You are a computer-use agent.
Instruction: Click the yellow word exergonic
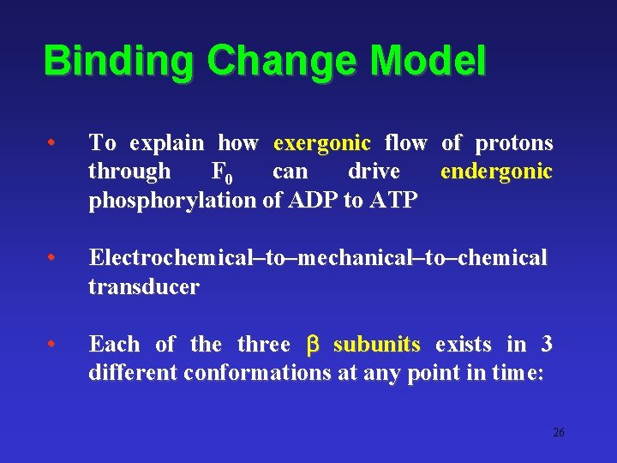(321, 142)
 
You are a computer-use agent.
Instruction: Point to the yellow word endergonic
(496, 171)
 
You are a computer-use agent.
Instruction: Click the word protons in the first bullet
(513, 142)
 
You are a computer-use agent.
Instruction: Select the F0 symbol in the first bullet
(221, 172)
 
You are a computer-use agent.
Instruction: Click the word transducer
(143, 287)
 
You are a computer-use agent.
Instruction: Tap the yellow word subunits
(376, 345)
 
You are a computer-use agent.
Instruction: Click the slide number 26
(558, 433)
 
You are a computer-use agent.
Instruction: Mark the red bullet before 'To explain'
(53, 142)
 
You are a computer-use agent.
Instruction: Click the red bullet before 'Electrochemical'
(53, 258)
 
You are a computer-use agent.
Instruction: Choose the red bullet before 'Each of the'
(53, 345)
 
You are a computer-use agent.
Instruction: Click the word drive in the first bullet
(374, 171)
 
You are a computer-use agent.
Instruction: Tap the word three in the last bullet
(264, 345)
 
